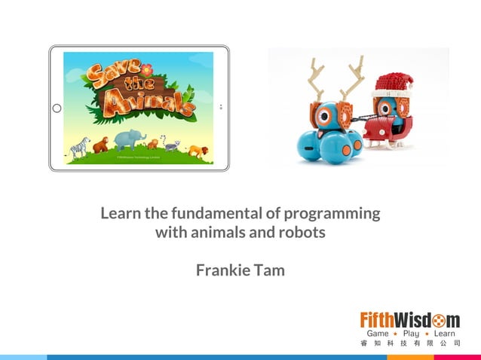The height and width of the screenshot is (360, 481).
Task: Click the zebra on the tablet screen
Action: pyautogui.click(x=78, y=147)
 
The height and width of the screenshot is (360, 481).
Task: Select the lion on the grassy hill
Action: pyautogui.click(x=195, y=151)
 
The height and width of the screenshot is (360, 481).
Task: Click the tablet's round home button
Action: pyautogui.click(x=57, y=108)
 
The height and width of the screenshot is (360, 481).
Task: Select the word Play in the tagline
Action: pyautogui.click(x=412, y=332)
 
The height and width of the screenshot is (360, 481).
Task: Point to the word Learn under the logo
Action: pyautogui.click(x=446, y=332)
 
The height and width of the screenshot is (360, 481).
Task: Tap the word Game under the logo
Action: pyautogui.click(x=378, y=332)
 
